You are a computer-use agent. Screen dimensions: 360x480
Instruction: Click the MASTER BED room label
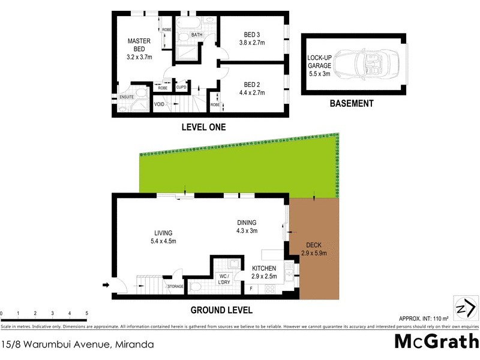point(139,45)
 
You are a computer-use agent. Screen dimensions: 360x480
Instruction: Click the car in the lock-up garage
point(367,62)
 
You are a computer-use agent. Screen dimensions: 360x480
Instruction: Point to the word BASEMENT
point(352,103)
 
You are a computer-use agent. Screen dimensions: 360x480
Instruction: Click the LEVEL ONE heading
point(204,127)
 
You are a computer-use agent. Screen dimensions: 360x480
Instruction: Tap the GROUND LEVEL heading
point(221,310)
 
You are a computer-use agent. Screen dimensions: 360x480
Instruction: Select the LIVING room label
point(163,233)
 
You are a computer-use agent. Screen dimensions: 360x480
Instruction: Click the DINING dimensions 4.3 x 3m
point(247,230)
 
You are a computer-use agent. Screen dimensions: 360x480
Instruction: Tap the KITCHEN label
point(264,268)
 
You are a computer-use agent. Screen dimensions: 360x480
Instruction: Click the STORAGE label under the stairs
point(175,287)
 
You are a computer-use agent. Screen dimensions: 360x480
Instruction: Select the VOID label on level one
point(160,104)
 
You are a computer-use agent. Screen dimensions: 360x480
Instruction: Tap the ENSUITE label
point(127,97)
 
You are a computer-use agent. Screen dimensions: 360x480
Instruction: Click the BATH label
point(197,35)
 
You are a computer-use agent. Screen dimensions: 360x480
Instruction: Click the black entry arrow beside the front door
point(107,285)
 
